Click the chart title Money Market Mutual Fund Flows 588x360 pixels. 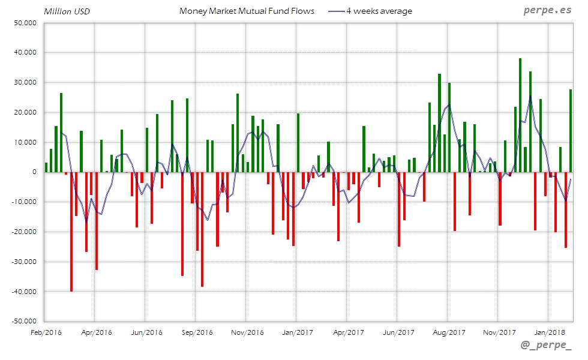pyautogui.click(x=247, y=11)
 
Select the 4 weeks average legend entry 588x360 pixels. pyautogui.click(x=370, y=11)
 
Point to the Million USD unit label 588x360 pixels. pyautogui.click(x=67, y=11)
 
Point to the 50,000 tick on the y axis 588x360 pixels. pyautogui.click(x=25, y=23)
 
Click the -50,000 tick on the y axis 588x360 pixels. pyautogui.click(x=23, y=321)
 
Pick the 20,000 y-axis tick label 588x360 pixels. pyautogui.click(x=25, y=112)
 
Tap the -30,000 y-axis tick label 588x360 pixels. pyautogui.click(x=23, y=262)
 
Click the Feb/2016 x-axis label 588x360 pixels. pyautogui.click(x=46, y=332)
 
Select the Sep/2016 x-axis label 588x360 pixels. pyautogui.click(x=197, y=332)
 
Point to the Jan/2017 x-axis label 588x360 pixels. pyautogui.click(x=298, y=332)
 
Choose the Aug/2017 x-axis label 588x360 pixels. pyautogui.click(x=449, y=332)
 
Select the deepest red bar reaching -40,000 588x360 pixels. pyautogui.click(x=71, y=231)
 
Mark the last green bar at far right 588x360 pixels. pyautogui.click(x=571, y=131)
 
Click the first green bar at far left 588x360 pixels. pyautogui.click(x=46, y=167)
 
